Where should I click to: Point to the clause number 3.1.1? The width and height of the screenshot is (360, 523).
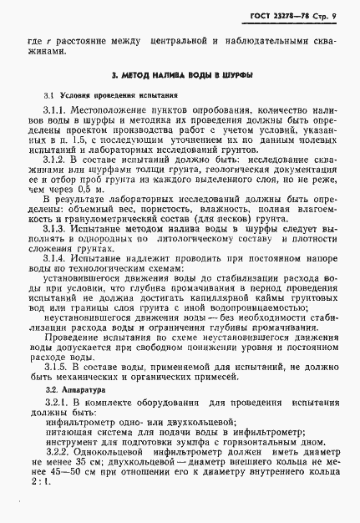pos(56,111)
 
